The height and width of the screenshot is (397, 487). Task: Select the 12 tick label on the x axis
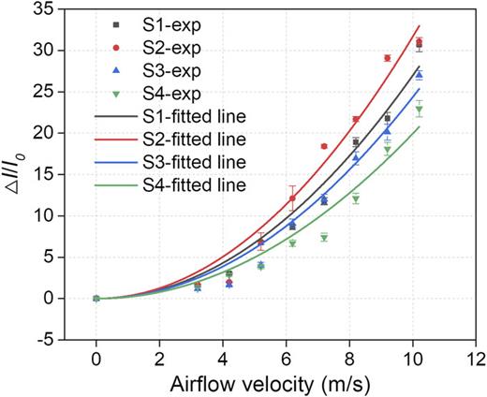coord(476,359)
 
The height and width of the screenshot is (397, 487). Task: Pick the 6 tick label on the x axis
coord(286,359)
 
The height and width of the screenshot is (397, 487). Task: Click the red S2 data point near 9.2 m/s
coord(387,58)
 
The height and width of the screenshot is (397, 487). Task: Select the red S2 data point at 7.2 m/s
coord(324,146)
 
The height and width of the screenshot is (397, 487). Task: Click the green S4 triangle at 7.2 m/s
coord(324,237)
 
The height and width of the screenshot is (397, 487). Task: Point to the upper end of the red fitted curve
coord(419,26)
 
